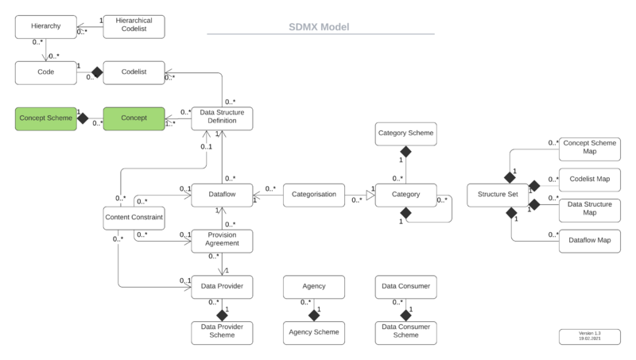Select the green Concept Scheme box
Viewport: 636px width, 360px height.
point(45,118)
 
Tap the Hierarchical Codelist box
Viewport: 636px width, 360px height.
point(134,27)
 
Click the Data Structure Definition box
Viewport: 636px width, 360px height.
point(222,118)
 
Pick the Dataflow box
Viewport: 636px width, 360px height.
point(222,194)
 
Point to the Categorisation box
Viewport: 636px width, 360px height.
point(313,194)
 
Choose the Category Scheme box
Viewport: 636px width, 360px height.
point(405,133)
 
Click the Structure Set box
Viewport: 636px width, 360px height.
point(497,194)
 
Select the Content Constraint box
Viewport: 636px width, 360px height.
point(134,216)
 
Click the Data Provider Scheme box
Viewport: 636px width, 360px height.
point(222,331)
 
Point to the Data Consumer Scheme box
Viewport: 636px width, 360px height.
point(405,331)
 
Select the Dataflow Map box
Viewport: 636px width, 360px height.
point(589,239)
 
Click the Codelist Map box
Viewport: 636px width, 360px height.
point(589,179)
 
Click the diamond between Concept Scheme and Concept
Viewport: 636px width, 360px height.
point(81,118)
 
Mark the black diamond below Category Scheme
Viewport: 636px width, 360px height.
point(405,151)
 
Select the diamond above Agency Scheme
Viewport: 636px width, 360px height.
point(313,314)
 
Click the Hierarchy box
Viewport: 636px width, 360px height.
point(45,27)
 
